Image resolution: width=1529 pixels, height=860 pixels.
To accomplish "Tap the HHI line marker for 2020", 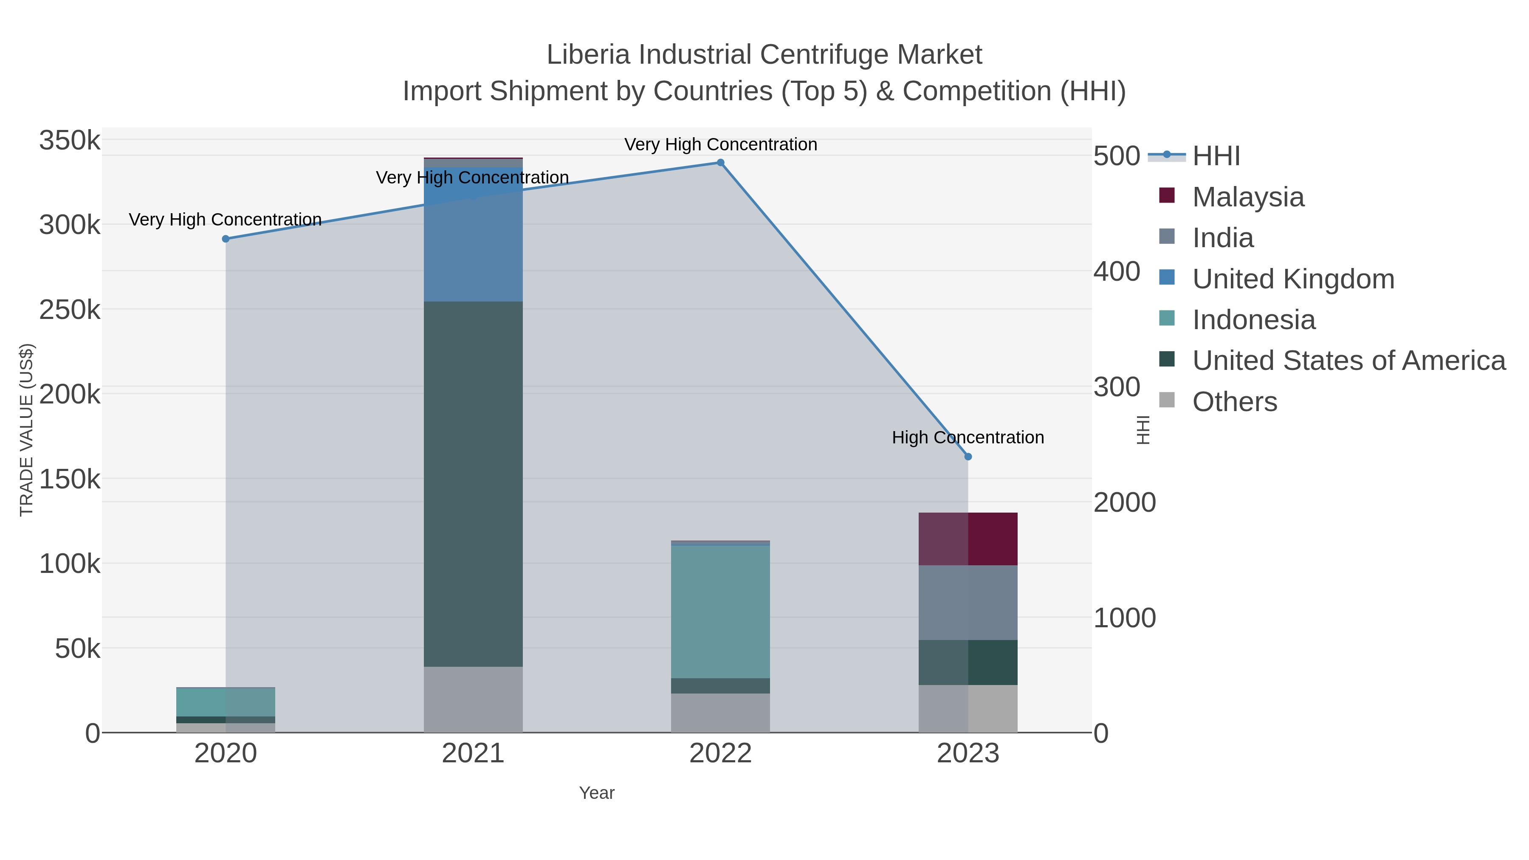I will coord(226,239).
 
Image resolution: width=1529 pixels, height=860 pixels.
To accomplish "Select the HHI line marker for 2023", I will coord(968,457).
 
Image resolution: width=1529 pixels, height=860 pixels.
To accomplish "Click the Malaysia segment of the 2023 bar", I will coord(968,539).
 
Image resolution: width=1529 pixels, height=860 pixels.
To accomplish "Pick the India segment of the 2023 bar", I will coord(968,602).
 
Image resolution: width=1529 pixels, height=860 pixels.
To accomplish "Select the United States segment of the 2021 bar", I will coord(473,484).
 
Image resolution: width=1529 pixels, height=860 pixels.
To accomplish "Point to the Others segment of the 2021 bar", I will coord(473,699).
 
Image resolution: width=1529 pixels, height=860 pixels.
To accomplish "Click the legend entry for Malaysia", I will coord(1248,197).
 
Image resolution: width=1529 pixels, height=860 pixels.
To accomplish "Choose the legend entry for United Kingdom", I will coord(1293,279).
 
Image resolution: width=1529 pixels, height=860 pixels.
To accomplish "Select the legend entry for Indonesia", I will coord(1254,320).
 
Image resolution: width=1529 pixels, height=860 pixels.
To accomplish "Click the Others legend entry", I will coord(1235,402).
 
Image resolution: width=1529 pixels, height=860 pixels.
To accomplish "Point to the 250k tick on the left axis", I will coord(70,310).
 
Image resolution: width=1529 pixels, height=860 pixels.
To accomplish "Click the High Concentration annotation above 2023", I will coord(968,437).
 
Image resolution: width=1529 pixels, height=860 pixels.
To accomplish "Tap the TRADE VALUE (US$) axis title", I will coord(27,430).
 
